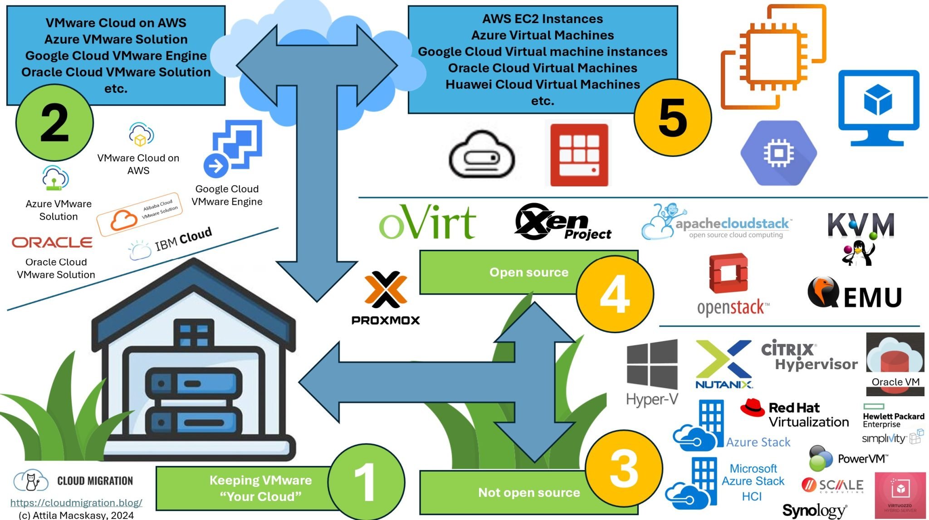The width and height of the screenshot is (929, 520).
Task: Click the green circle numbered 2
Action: pyautogui.click(x=54, y=123)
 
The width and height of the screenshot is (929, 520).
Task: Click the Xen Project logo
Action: pyautogui.click(x=562, y=222)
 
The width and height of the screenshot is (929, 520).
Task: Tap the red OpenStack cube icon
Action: pyautogui.click(x=729, y=273)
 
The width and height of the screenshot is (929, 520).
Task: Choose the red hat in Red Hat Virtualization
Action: pyautogui.click(x=753, y=407)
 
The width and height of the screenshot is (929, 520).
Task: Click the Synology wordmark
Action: pyautogui.click(x=814, y=511)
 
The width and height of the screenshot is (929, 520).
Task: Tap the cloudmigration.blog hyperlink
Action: pyautogui.click(x=76, y=502)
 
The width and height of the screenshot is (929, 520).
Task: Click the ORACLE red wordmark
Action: pyautogui.click(x=52, y=243)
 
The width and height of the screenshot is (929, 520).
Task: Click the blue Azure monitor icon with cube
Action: pyautogui.click(x=878, y=107)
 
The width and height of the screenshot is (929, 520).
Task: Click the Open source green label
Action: pyautogui.click(x=528, y=272)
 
